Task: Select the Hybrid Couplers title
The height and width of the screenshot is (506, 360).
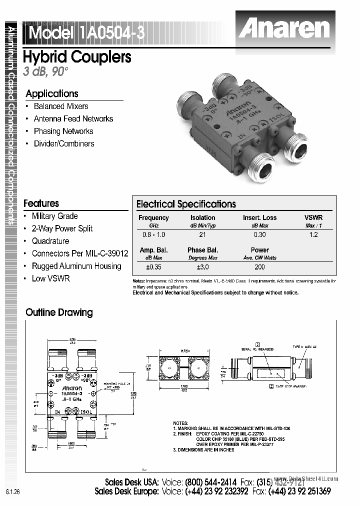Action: tap(77, 57)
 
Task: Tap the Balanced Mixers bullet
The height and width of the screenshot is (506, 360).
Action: tap(60, 106)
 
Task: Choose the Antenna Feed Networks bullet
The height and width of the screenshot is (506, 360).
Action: tap(73, 119)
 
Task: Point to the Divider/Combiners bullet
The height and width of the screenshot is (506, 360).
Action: tap(63, 144)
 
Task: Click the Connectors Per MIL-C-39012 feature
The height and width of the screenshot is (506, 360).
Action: tap(79, 254)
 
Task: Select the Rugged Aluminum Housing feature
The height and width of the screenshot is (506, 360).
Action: tap(76, 266)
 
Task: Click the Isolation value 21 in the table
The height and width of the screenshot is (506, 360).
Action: tap(202, 234)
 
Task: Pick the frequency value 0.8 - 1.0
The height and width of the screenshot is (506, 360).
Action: tap(153, 234)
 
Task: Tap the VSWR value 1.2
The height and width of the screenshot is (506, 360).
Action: tap(313, 234)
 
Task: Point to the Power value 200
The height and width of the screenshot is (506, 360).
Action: tap(259, 267)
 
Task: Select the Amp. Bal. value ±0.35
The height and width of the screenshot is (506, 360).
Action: tap(153, 267)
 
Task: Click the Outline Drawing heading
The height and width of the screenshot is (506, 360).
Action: tap(59, 312)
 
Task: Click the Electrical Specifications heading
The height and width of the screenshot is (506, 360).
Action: tap(186, 204)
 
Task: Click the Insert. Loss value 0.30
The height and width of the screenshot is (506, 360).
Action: tap(259, 234)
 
